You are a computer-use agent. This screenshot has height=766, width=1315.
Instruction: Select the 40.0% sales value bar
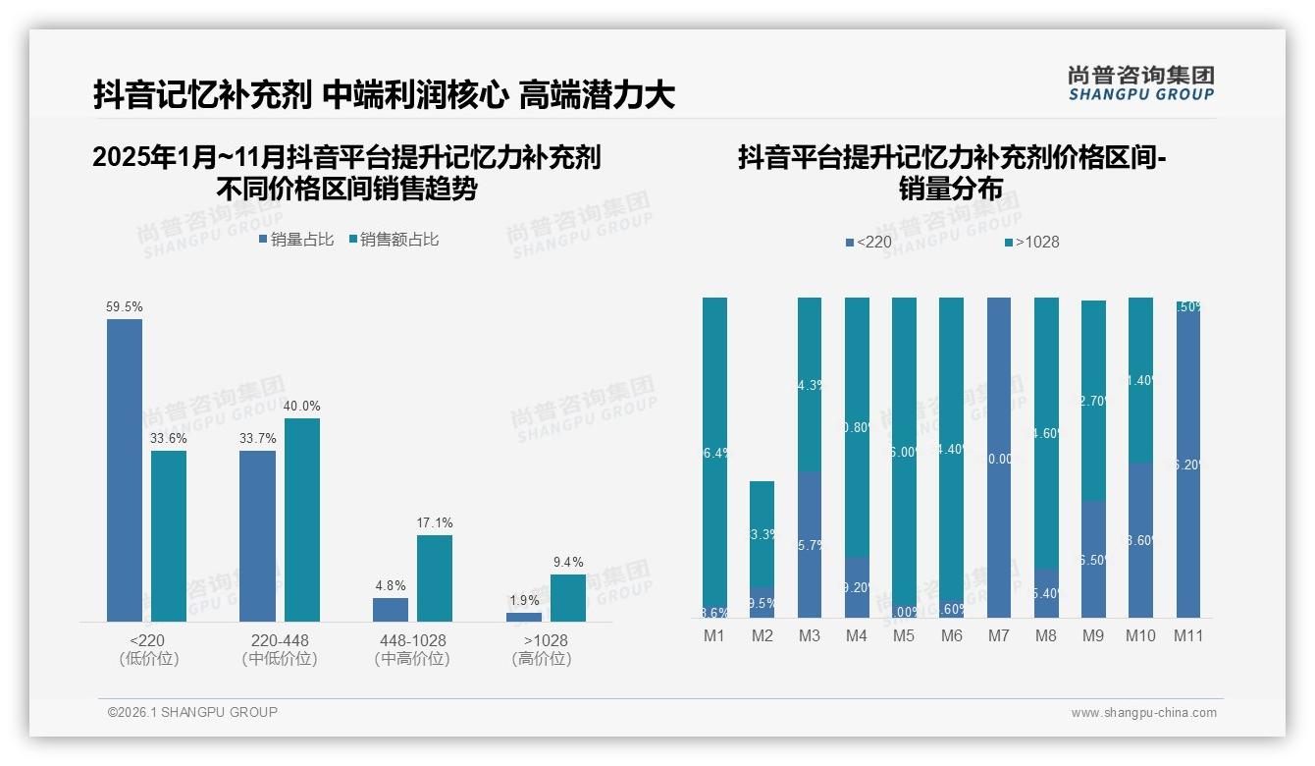point(301,520)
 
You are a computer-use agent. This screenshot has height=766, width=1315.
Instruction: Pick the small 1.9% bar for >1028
point(523,617)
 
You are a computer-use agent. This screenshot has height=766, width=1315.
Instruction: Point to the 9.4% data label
point(568,563)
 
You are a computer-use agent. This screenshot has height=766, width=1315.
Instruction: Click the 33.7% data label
point(257,439)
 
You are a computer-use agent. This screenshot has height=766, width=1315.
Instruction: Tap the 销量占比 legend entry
point(295,240)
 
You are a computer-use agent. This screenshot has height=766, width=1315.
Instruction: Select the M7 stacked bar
point(998,457)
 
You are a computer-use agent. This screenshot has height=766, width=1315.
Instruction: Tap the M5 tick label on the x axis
point(904,635)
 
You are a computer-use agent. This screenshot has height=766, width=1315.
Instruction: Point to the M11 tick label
point(1188,635)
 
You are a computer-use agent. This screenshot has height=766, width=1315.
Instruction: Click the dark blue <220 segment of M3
point(809,544)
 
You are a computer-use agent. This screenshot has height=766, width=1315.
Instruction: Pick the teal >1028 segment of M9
point(1093,401)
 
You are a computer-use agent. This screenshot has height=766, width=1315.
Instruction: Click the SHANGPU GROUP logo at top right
point(1140,83)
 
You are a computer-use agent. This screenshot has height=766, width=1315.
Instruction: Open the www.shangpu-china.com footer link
point(1143,713)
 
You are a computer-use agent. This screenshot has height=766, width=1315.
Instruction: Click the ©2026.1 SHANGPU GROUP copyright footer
point(192,712)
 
